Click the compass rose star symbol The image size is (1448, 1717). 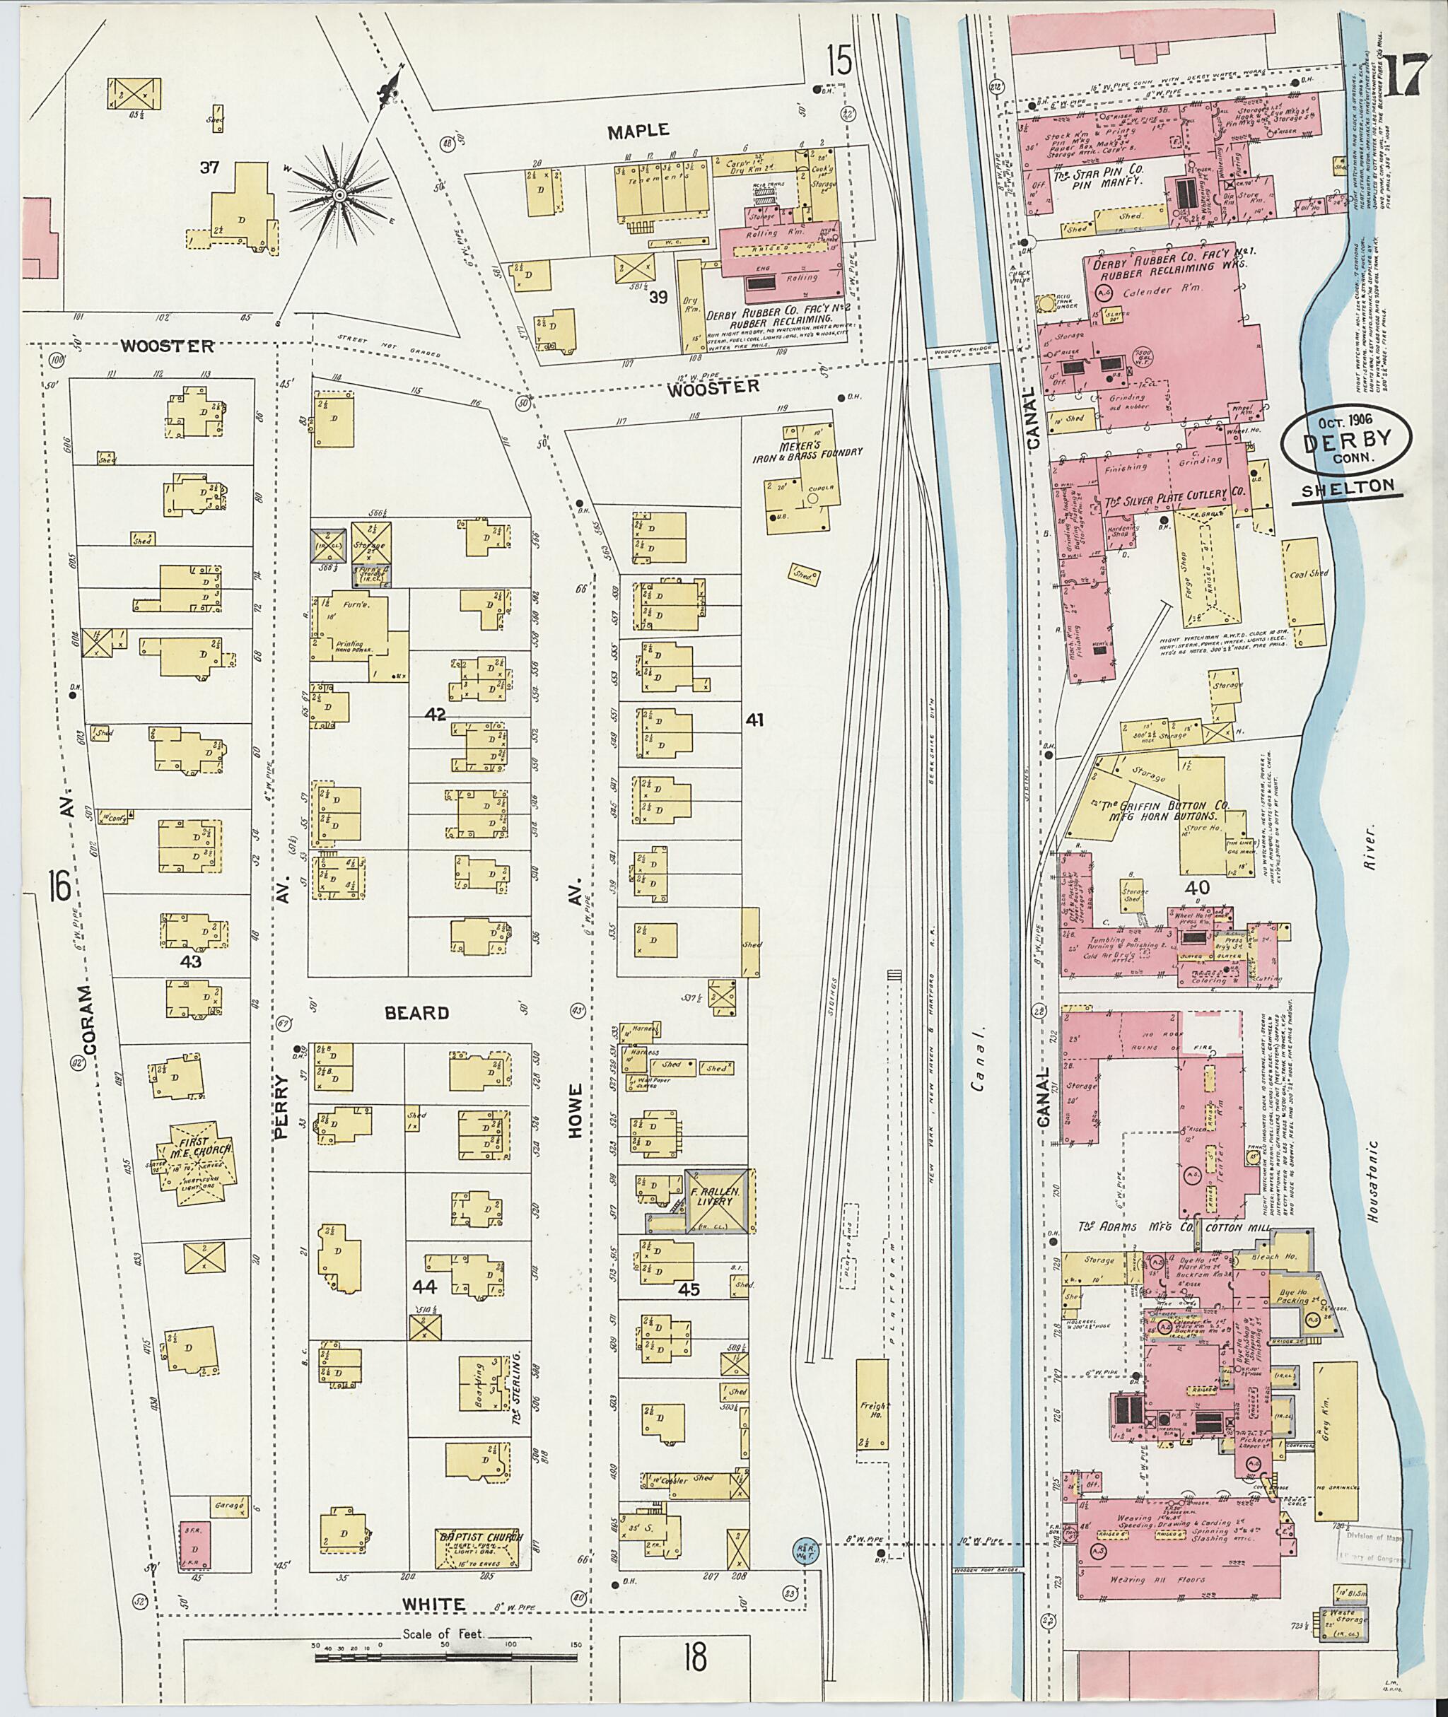(x=338, y=194)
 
